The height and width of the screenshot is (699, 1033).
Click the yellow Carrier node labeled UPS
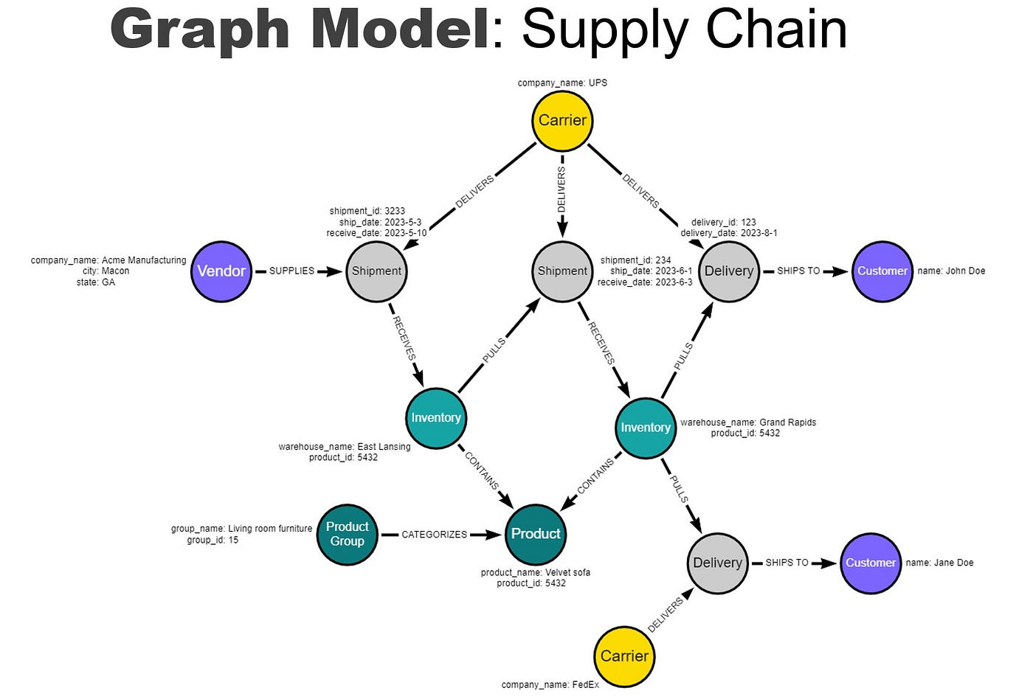[x=562, y=120]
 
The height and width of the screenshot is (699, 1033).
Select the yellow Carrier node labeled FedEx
[x=624, y=655]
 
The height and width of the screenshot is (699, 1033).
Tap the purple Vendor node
[x=221, y=271]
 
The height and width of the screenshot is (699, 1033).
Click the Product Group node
[x=347, y=534]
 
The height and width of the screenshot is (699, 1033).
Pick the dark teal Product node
[x=536, y=534]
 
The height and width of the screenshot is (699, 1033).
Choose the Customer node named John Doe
[x=882, y=271]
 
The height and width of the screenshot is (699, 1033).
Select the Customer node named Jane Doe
[x=871, y=563]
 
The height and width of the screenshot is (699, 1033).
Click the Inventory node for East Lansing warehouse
[x=436, y=417]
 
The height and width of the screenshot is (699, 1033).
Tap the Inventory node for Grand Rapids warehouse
[x=646, y=428]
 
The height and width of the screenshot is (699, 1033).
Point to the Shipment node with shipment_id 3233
[x=376, y=271]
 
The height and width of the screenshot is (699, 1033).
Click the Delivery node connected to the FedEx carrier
[x=717, y=563]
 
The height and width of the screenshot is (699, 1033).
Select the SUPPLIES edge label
[x=291, y=271]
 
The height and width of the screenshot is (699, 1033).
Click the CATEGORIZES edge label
[x=434, y=535]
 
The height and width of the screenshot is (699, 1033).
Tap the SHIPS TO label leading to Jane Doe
[x=787, y=563]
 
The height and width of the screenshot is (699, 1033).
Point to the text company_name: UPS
[x=562, y=83]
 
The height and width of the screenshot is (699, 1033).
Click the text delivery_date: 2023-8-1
[x=728, y=233]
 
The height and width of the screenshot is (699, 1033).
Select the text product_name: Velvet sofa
[x=535, y=572]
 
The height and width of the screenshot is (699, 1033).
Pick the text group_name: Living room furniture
[x=241, y=529]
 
